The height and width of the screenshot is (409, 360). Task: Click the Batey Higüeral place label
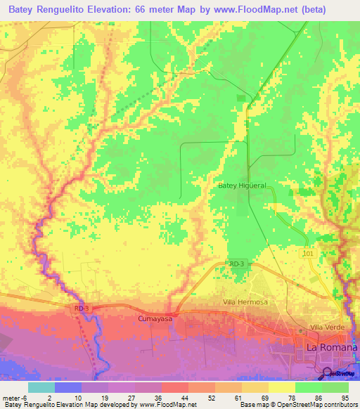point(241,186)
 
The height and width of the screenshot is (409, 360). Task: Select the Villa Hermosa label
point(245,302)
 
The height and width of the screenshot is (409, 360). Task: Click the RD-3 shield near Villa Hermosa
point(236,264)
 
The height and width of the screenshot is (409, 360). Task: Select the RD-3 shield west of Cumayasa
point(82,308)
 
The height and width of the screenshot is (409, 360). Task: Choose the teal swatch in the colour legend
point(41,387)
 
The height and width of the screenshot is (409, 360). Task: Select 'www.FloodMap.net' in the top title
point(257,8)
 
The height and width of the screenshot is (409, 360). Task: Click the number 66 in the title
point(159,8)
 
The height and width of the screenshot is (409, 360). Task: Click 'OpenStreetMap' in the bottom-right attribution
point(302,405)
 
